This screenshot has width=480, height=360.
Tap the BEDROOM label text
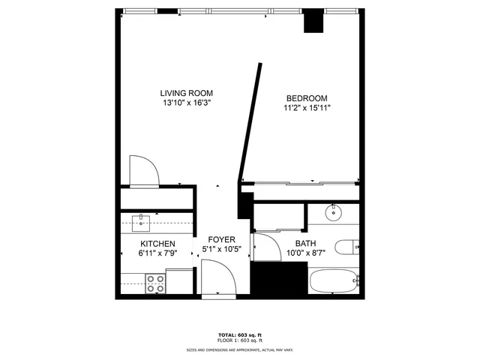click(x=306, y=98)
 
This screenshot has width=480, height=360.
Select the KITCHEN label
click(x=157, y=244)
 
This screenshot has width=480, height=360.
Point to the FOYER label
click(x=221, y=239)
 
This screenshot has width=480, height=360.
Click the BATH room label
click(x=305, y=244)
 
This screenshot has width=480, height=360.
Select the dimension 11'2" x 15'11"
click(x=306, y=108)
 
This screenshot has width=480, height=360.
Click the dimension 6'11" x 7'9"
click(x=157, y=254)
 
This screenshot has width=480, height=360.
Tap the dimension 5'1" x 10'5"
click(x=221, y=249)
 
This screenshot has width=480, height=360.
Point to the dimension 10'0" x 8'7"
click(x=305, y=253)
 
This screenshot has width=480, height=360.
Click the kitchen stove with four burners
click(x=156, y=283)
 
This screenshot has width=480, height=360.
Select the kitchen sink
click(x=140, y=222)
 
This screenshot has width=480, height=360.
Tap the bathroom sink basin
click(x=333, y=213)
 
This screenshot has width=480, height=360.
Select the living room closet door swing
click(x=142, y=170)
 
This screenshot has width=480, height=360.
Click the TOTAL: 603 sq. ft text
click(x=240, y=335)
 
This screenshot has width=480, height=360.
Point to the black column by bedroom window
click(x=313, y=22)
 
